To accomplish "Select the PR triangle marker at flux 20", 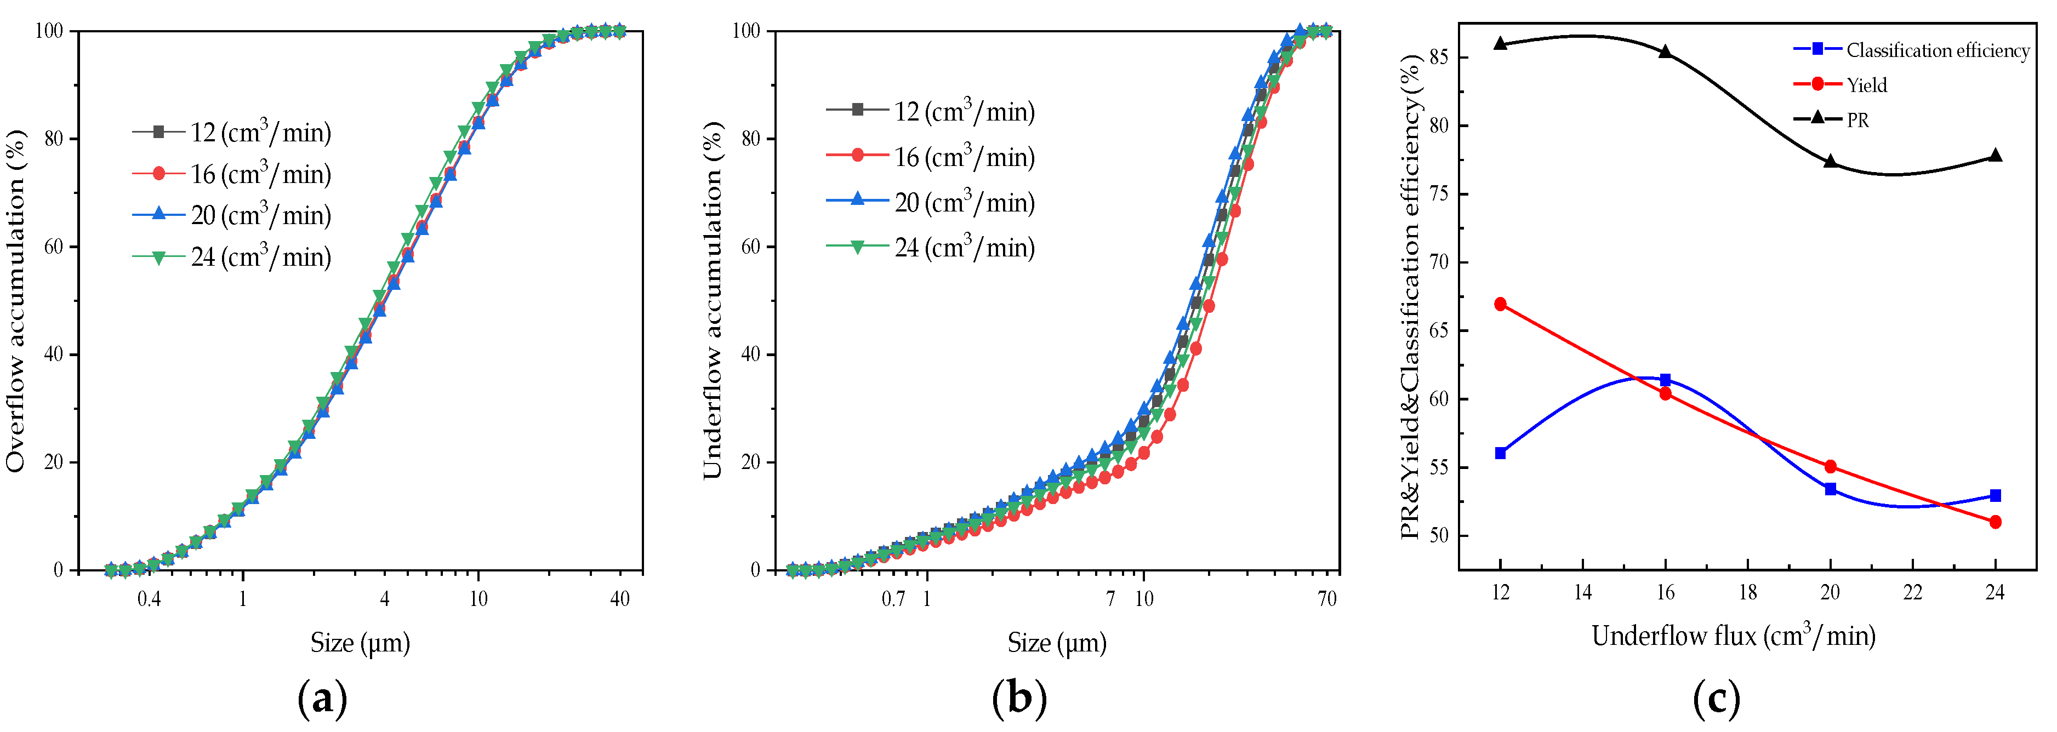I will tap(1830, 161).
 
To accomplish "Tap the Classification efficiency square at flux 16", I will tap(1665, 380).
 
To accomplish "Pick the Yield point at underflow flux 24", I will tap(1995, 522).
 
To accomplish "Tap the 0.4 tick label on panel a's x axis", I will tap(149, 599).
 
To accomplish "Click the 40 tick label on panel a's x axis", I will tap(620, 599).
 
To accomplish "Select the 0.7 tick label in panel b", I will tap(893, 599).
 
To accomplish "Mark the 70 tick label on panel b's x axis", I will tap(1326, 599).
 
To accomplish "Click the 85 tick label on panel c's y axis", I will tap(1437, 58).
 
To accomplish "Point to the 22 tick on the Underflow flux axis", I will tap(1912, 592).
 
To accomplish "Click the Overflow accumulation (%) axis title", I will tap(16, 300).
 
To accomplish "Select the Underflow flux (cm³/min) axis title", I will tap(1733, 636).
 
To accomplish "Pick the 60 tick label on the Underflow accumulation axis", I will tap(750, 247).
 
